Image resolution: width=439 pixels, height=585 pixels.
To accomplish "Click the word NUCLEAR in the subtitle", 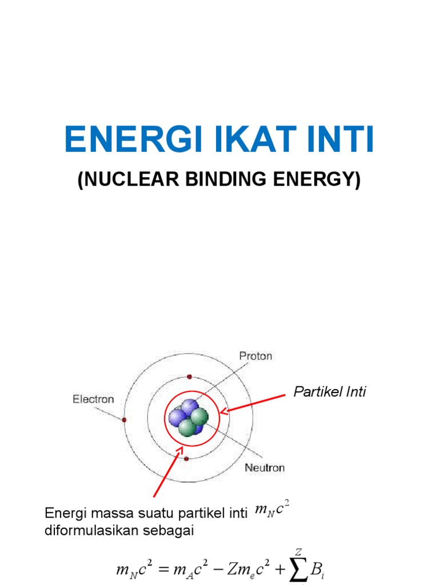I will coord(128,180).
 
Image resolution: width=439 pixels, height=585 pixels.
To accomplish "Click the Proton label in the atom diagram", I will coord(255,356).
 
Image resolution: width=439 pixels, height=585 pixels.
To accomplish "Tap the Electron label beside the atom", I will coord(93,399).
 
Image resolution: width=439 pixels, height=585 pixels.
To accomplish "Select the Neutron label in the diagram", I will coord(265,467).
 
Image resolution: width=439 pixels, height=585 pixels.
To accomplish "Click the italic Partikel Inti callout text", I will coord(329,392).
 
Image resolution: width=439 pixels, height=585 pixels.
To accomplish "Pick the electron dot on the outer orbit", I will coord(124,420).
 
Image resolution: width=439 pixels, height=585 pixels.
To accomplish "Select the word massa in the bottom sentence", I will coord(104,514).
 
